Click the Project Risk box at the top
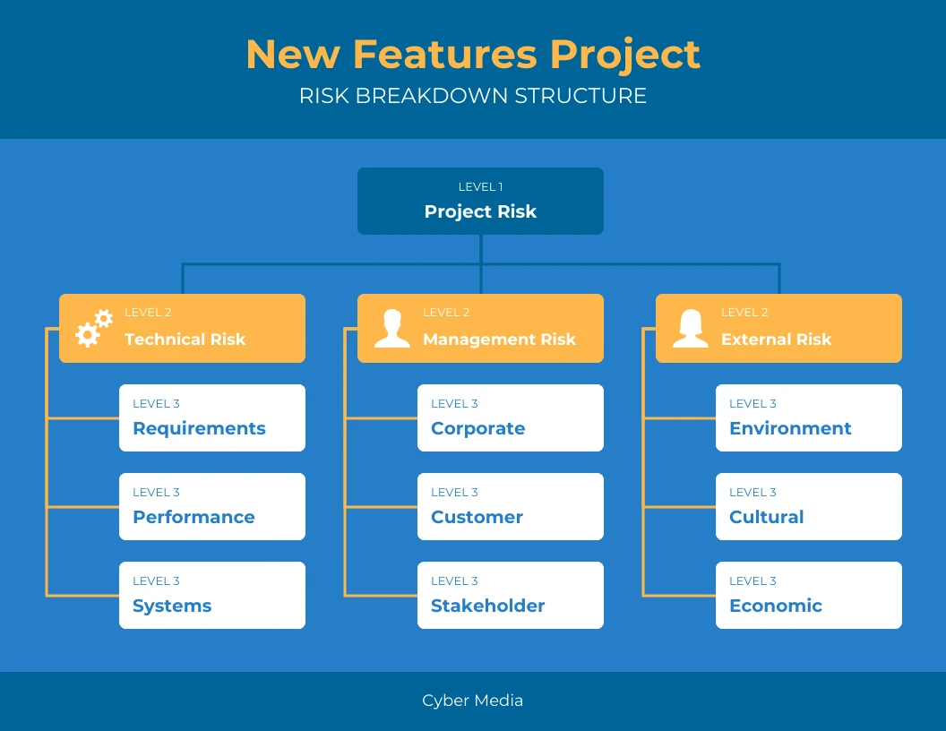pos(480,202)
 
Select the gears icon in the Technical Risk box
pos(93,329)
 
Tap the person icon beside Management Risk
pos(391,329)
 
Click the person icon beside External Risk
pos(690,329)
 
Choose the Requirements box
pos(212,418)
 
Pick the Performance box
pos(212,507)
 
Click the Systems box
pos(212,596)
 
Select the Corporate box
pos(511,418)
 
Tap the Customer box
pos(511,507)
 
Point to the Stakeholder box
pos(511,596)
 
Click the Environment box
pos(809,418)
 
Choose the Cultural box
pos(809,507)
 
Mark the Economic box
pos(809,596)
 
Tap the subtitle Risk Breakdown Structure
pos(473,96)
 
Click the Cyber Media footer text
pos(473,701)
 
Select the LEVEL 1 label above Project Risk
pos(480,187)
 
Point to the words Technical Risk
pos(185,340)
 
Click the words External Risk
pos(776,340)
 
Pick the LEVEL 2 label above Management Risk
pos(446,313)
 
